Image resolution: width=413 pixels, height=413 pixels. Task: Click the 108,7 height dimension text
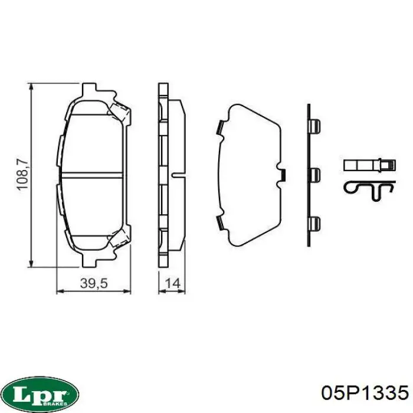22,174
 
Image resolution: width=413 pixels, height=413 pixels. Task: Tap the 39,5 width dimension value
94,283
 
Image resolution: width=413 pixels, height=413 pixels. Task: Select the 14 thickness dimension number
172,283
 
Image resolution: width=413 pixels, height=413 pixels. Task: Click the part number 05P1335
365,394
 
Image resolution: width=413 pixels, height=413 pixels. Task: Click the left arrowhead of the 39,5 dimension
61,291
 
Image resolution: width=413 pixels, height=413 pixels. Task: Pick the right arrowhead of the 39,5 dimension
127,291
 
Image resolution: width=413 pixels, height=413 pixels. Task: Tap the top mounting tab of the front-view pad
88,88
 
